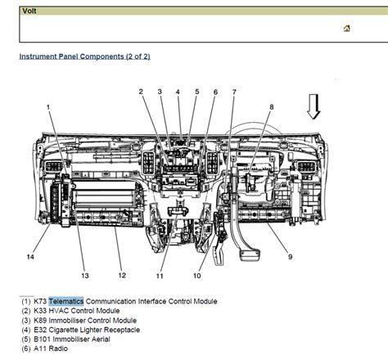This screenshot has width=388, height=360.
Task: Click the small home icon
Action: [347, 29]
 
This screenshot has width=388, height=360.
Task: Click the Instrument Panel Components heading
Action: [84, 56]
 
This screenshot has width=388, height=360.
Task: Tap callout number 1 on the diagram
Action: [48, 107]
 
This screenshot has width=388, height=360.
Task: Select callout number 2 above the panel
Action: [141, 92]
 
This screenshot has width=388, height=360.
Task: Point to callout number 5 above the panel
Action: [196, 92]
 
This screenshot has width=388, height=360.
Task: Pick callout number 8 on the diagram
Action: [271, 107]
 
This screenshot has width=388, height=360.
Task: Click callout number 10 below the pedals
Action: [197, 275]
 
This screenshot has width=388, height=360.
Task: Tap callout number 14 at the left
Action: [30, 257]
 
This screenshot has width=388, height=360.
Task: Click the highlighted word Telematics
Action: [66, 301]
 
